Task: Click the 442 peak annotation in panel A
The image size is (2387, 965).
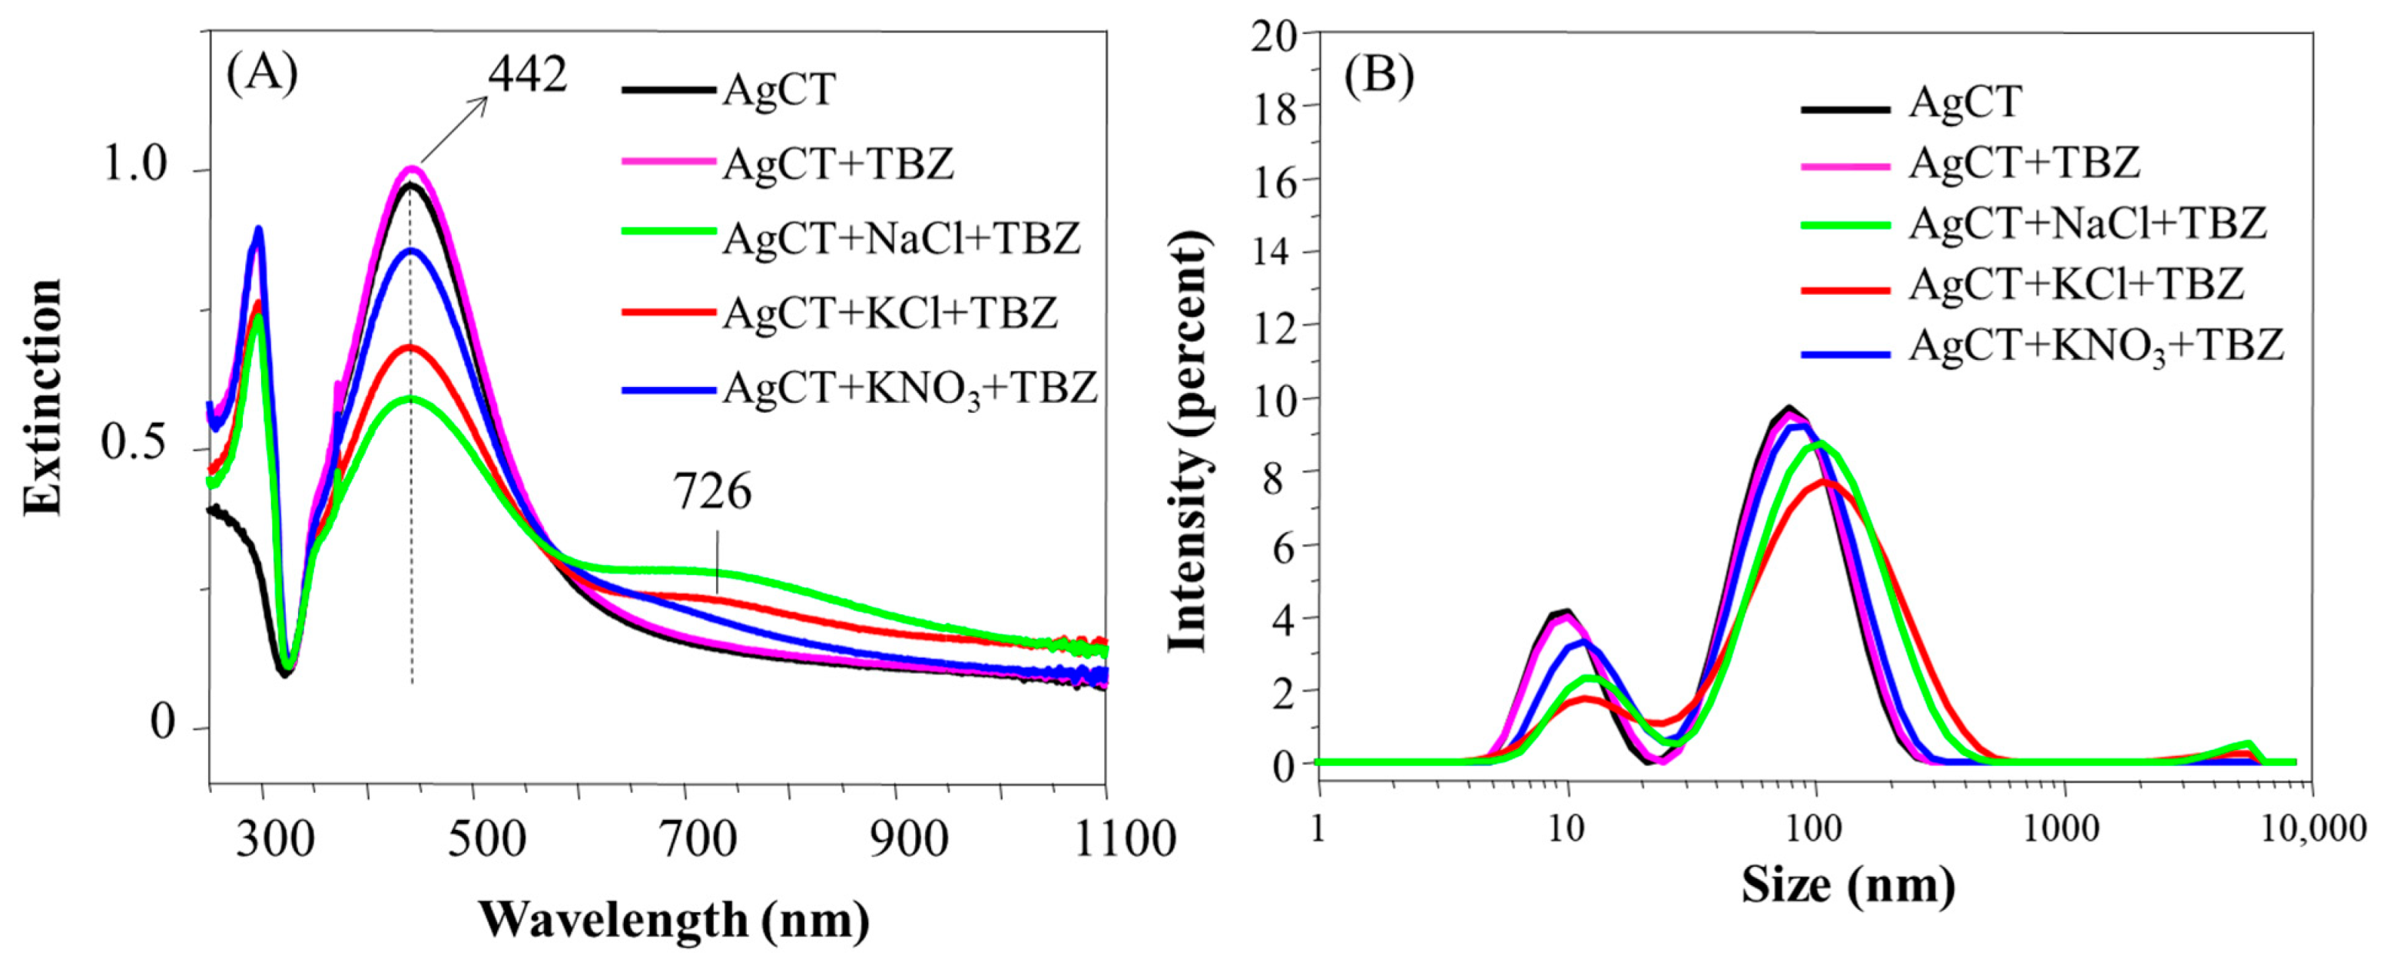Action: point(527,74)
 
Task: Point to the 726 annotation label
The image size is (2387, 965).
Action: point(711,492)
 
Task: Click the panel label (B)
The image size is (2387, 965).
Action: point(1380,75)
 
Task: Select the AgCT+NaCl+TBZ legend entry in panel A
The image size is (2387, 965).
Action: point(900,238)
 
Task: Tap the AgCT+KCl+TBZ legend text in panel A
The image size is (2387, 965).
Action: point(890,312)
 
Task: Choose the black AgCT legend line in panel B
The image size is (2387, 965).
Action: point(1845,109)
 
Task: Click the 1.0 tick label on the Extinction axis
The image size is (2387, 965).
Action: point(134,166)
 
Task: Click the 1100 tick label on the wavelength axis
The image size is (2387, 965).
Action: point(1124,839)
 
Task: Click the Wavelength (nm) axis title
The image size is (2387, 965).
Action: point(674,920)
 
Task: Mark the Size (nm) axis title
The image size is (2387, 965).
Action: point(1847,884)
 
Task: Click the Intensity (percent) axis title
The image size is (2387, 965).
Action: point(1189,443)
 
